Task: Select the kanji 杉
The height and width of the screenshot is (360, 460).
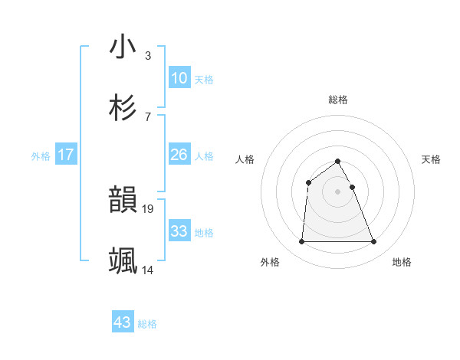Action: tap(123, 107)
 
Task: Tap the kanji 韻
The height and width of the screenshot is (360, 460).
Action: tap(123, 200)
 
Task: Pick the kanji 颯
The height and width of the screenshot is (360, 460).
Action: tap(123, 261)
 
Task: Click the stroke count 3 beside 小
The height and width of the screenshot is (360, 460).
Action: tap(147, 55)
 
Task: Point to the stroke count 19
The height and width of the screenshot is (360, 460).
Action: tap(149, 208)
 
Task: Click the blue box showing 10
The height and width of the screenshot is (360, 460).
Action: tap(179, 77)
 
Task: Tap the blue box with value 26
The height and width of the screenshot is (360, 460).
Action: tap(179, 155)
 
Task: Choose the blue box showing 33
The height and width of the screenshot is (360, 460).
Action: tap(179, 231)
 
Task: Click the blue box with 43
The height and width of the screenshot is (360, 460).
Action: tap(123, 322)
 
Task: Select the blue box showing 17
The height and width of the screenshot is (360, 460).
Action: tap(66, 155)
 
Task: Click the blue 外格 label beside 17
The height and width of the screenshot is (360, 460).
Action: tap(41, 156)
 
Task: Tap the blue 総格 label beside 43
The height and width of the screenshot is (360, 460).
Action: tap(147, 324)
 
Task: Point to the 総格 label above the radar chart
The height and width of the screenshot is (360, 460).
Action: tap(337, 100)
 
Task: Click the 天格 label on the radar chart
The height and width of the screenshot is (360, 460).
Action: tap(431, 159)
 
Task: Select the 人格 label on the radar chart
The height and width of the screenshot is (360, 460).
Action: tap(245, 159)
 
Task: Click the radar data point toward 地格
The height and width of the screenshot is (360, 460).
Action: tap(374, 242)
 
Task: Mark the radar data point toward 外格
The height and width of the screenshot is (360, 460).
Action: tap(301, 242)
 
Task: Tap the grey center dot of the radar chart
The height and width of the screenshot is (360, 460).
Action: tap(337, 191)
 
